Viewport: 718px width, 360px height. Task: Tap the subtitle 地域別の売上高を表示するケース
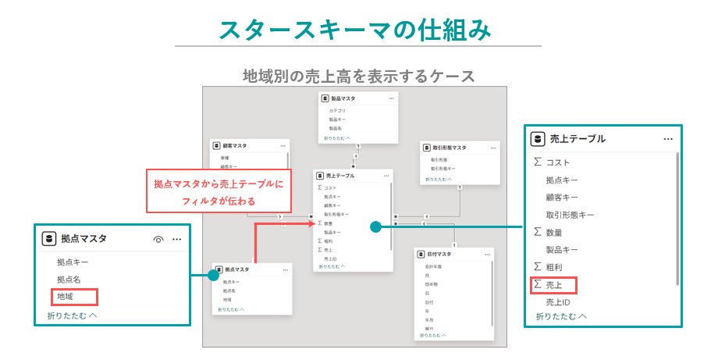358,76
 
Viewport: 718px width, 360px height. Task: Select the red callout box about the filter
219,191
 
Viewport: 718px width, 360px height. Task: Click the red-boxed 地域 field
74,297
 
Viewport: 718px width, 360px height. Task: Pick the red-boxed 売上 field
554,285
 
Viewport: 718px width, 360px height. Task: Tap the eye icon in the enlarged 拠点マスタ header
158,240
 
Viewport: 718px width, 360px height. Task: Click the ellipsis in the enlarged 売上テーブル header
668,139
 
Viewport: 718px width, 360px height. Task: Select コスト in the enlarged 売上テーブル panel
558,162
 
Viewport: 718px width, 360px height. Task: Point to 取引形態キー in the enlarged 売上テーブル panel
570,214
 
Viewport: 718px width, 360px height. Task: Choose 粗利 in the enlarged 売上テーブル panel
554,267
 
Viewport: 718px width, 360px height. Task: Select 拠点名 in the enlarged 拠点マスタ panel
69,280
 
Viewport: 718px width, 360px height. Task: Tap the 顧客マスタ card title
234,145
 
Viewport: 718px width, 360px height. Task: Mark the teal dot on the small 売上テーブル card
375,227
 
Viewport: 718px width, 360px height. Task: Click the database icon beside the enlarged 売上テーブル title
537,139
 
